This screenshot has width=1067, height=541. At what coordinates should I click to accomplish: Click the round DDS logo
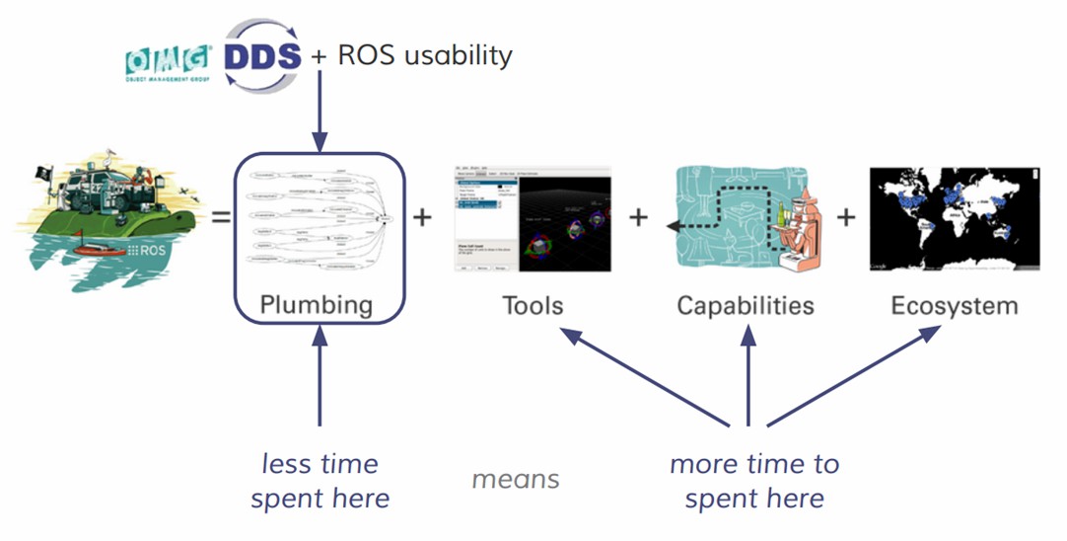pos(260,55)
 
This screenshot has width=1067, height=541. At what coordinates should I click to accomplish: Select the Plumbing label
pos(317,305)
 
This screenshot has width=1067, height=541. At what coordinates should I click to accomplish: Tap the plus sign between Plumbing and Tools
pos(422,216)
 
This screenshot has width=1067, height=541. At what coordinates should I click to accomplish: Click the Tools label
pos(533,305)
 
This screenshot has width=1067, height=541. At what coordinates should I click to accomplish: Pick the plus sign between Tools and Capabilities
pos(639,216)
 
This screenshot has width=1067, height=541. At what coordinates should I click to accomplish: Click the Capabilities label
pos(746,305)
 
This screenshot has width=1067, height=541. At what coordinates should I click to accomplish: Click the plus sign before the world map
pos(846,216)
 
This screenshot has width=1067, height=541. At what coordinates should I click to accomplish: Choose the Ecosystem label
pos(954,305)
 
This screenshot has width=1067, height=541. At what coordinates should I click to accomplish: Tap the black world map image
pos(954,218)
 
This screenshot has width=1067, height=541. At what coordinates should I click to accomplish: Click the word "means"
pos(515,480)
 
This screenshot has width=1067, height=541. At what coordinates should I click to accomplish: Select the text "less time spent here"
pos(320,481)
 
